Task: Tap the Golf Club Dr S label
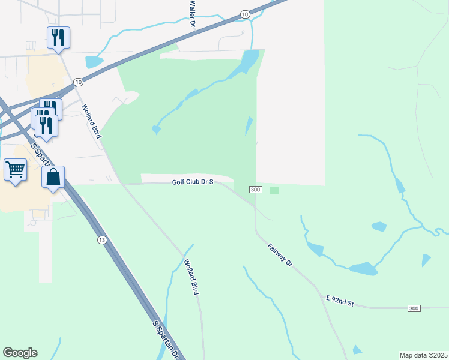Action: tap(193, 181)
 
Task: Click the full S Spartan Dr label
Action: tap(166, 340)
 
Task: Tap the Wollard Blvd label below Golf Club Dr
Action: tap(191, 276)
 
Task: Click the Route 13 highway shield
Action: tap(102, 240)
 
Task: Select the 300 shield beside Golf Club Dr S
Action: tap(256, 190)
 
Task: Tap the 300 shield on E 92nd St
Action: tap(414, 308)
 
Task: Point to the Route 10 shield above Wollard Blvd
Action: tap(79, 81)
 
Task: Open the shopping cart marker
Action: tap(15, 169)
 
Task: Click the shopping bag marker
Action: tap(53, 178)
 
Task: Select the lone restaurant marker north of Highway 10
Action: tap(58, 37)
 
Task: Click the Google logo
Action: tap(20, 353)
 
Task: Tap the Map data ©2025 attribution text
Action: tap(423, 355)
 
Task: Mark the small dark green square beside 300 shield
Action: tap(274, 191)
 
